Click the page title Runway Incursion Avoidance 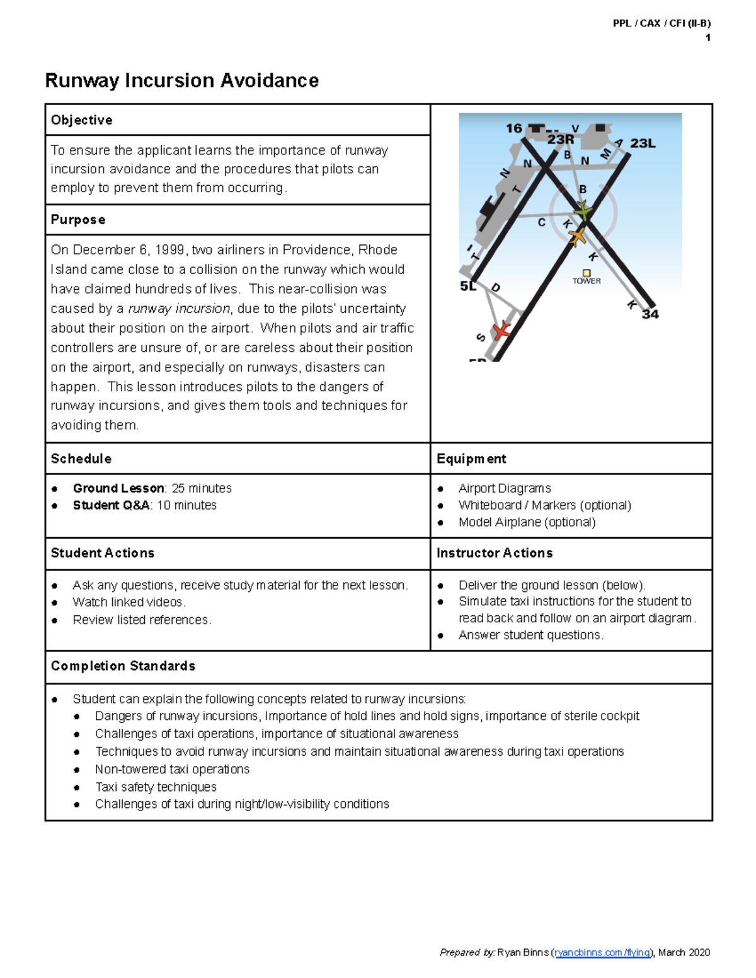point(181,81)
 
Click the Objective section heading point(81,120)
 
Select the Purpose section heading point(77,220)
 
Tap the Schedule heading point(81,459)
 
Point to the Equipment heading point(471,459)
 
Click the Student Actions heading point(102,553)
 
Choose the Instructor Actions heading point(495,553)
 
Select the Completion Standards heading point(123,666)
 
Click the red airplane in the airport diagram point(501,330)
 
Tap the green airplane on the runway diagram point(583,210)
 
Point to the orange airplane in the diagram point(577,237)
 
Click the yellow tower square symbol point(587,273)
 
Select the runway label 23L point(643,144)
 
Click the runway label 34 point(650,314)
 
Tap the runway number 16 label point(514,128)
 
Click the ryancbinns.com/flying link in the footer point(602,952)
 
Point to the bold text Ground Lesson point(118,488)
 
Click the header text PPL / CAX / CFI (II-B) point(661,23)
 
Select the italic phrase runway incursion point(179,309)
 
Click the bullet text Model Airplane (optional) point(527,522)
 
